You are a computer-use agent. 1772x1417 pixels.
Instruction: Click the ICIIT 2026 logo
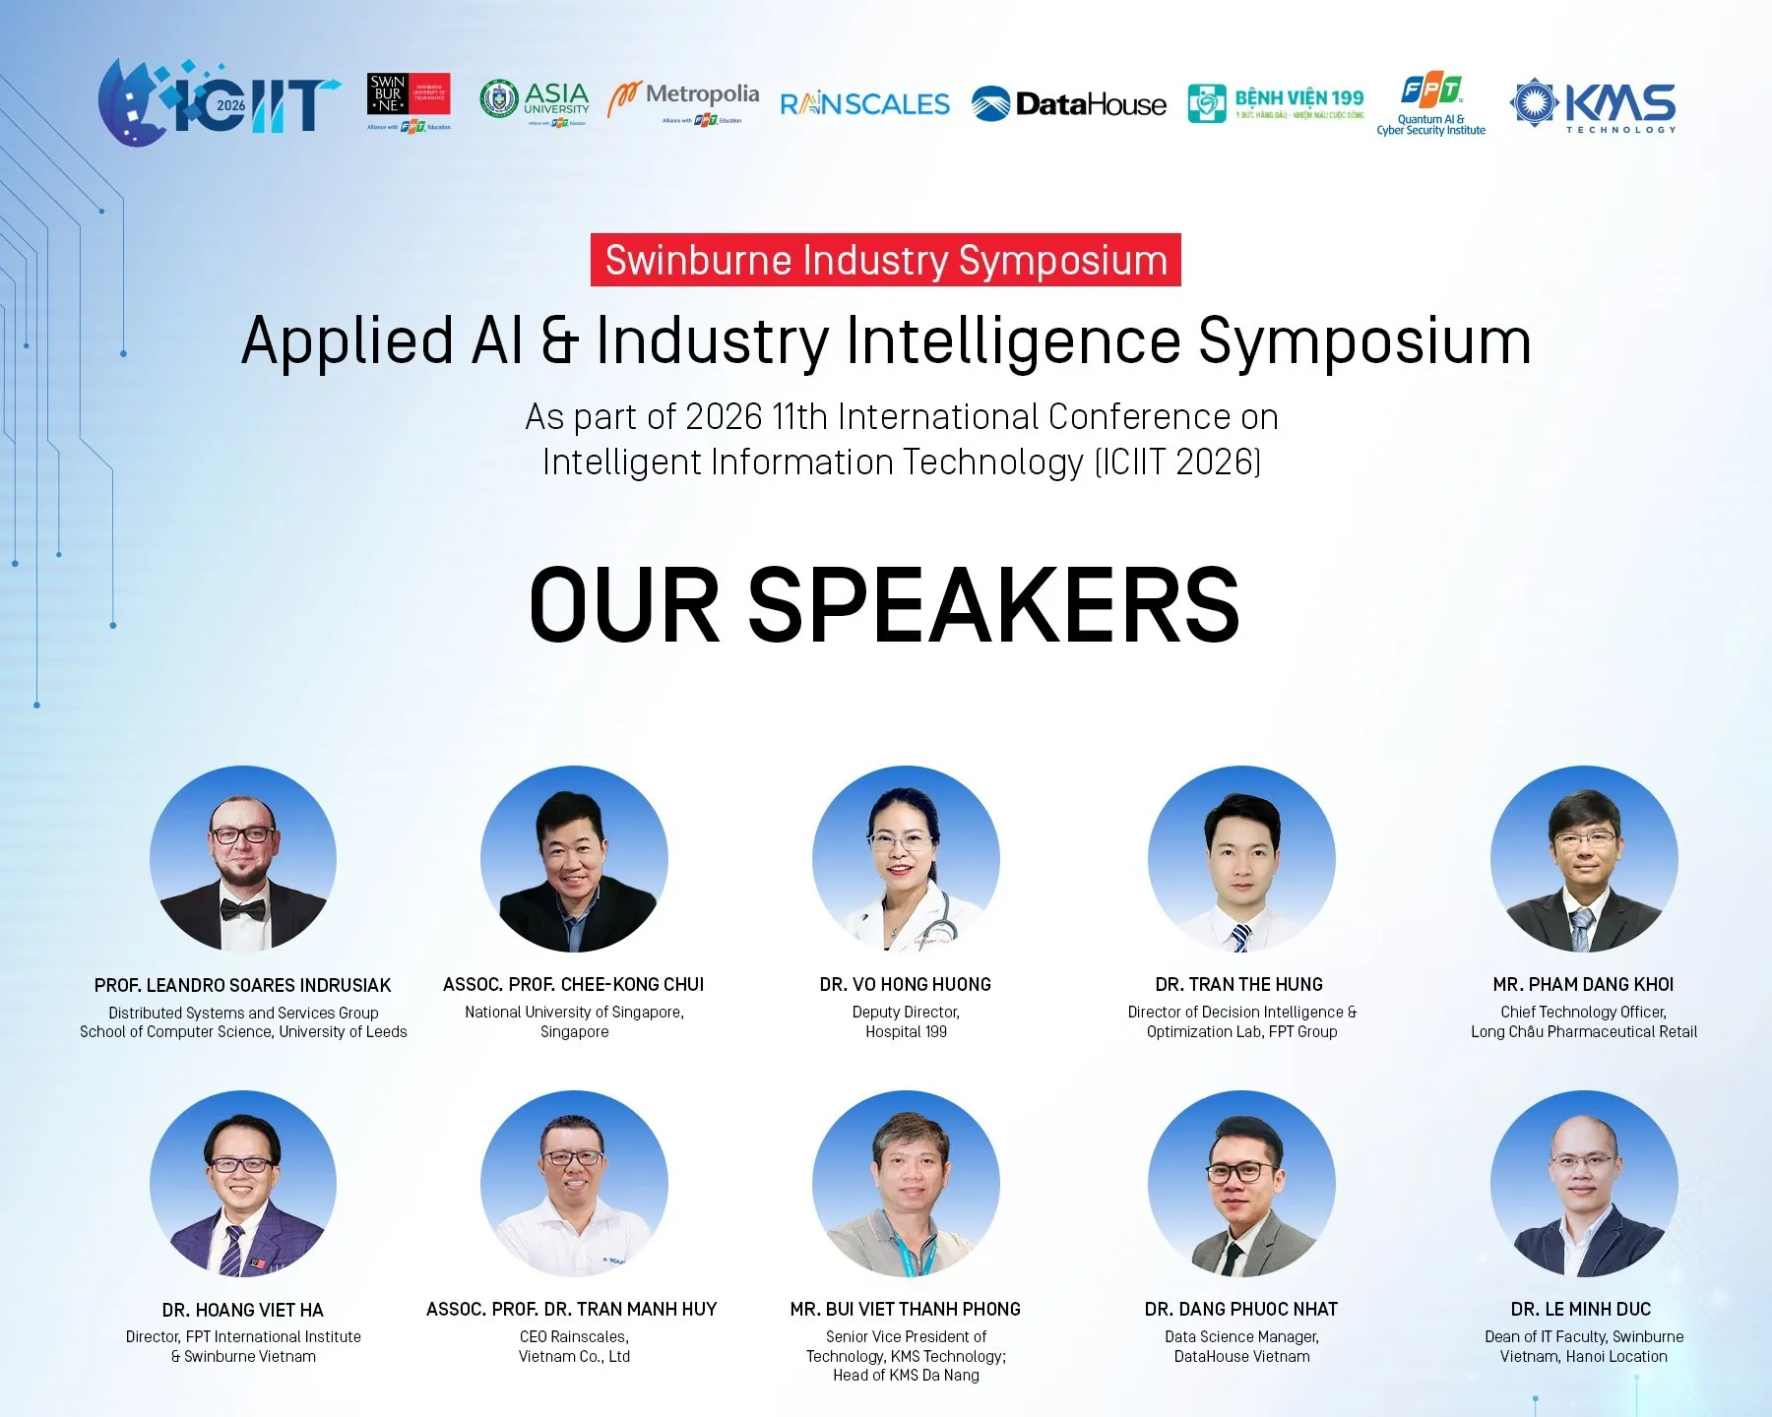tap(219, 102)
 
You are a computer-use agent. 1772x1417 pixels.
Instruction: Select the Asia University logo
tap(535, 100)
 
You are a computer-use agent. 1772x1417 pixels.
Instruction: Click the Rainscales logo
tap(864, 104)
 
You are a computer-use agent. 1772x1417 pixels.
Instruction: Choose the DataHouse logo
tap(1068, 104)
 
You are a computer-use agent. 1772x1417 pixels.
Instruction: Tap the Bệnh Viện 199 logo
tap(1276, 102)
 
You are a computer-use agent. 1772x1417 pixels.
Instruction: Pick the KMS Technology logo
tap(1593, 104)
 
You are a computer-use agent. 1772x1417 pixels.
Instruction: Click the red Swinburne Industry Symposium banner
tap(885, 260)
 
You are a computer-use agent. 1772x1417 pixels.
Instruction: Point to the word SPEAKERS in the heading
tap(993, 606)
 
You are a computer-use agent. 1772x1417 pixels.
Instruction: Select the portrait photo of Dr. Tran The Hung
tap(1241, 859)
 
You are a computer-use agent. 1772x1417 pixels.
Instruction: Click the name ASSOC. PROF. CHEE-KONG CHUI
tap(574, 984)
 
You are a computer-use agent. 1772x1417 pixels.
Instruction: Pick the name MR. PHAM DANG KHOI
tap(1583, 984)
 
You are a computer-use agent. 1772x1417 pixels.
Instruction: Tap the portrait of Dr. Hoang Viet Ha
tap(243, 1184)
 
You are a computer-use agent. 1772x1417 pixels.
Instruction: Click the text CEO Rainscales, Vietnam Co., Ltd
tap(574, 1346)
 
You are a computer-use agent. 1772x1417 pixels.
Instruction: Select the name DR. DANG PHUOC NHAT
tap(1241, 1309)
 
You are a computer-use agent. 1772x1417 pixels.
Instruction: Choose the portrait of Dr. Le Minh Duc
tap(1583, 1184)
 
